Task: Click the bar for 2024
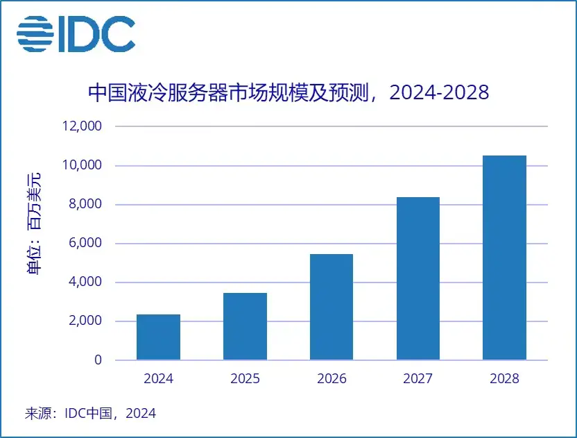click(158, 337)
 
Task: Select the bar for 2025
click(245, 326)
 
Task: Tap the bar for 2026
click(331, 307)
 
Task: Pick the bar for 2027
click(418, 278)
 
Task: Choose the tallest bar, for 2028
click(504, 258)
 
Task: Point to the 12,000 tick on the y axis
click(83, 127)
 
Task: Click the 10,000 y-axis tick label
click(83, 166)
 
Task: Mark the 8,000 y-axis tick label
click(85, 205)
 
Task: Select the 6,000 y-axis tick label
click(85, 244)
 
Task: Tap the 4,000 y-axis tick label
click(85, 283)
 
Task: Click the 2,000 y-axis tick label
click(85, 321)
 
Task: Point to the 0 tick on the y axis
click(98, 360)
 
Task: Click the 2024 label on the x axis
click(158, 379)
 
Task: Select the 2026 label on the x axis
click(331, 379)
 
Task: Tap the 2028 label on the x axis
click(504, 379)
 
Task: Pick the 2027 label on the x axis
click(418, 379)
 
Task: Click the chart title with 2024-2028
click(288, 92)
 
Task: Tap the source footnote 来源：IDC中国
click(90, 414)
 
